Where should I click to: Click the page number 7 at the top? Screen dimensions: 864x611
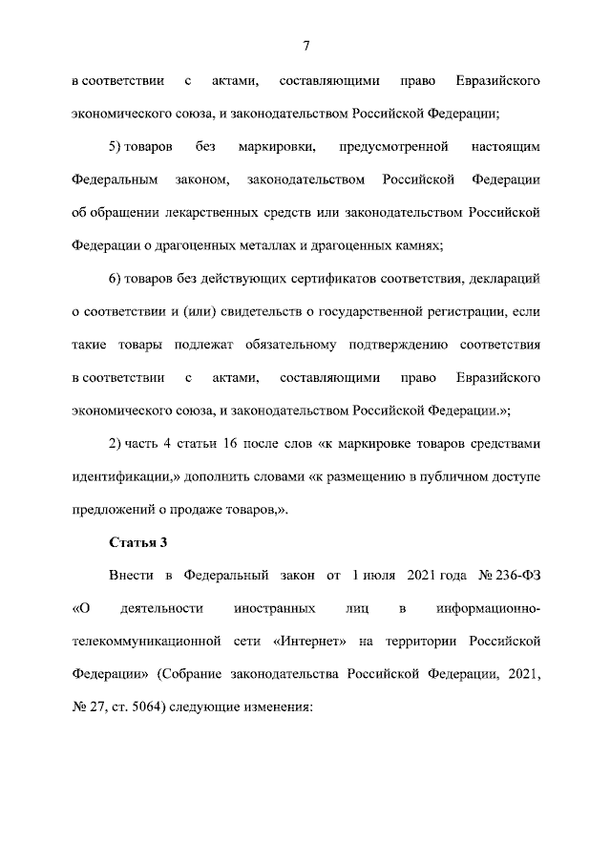pyautogui.click(x=305, y=45)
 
